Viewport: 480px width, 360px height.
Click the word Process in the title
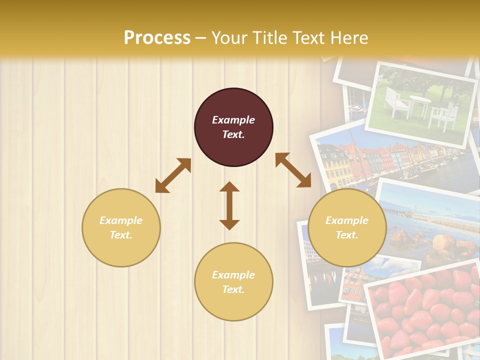pos(157,38)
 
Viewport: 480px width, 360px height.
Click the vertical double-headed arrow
pos(229,205)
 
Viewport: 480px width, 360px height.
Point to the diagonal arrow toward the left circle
pos(173,175)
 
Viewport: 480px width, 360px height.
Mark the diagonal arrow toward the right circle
pos(293,170)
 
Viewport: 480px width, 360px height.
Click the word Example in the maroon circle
pos(233,120)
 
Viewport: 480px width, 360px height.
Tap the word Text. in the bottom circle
pos(233,289)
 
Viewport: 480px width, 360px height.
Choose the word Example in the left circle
pos(121,220)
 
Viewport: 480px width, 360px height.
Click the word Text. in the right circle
pos(347,235)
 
